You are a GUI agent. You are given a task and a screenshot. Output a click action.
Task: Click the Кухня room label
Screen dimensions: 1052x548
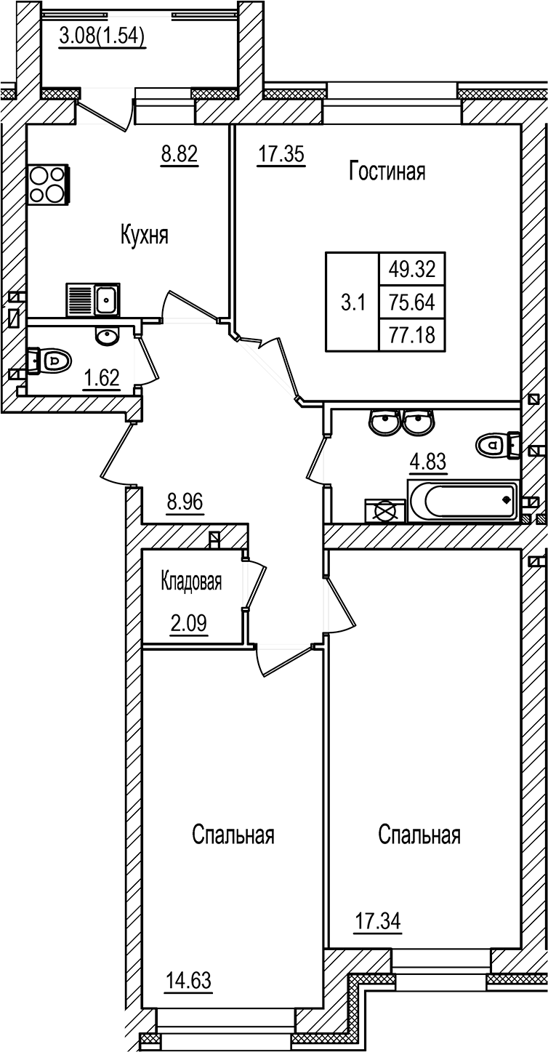145,235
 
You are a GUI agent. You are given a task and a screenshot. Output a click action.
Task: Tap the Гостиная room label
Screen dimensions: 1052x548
387,172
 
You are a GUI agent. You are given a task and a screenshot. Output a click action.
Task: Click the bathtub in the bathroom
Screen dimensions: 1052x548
462,501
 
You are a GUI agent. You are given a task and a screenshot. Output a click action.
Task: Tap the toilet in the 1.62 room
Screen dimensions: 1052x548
52,360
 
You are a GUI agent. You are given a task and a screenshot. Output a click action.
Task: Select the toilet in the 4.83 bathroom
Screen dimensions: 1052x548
498,443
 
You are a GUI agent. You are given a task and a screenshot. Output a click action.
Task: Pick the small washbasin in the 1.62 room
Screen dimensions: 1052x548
108,336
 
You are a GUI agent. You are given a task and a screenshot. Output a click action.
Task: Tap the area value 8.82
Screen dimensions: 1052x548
180,153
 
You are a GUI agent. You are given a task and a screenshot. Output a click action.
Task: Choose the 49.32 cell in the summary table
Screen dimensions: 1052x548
411,270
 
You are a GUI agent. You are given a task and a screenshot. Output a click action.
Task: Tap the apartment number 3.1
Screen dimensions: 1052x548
352,302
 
